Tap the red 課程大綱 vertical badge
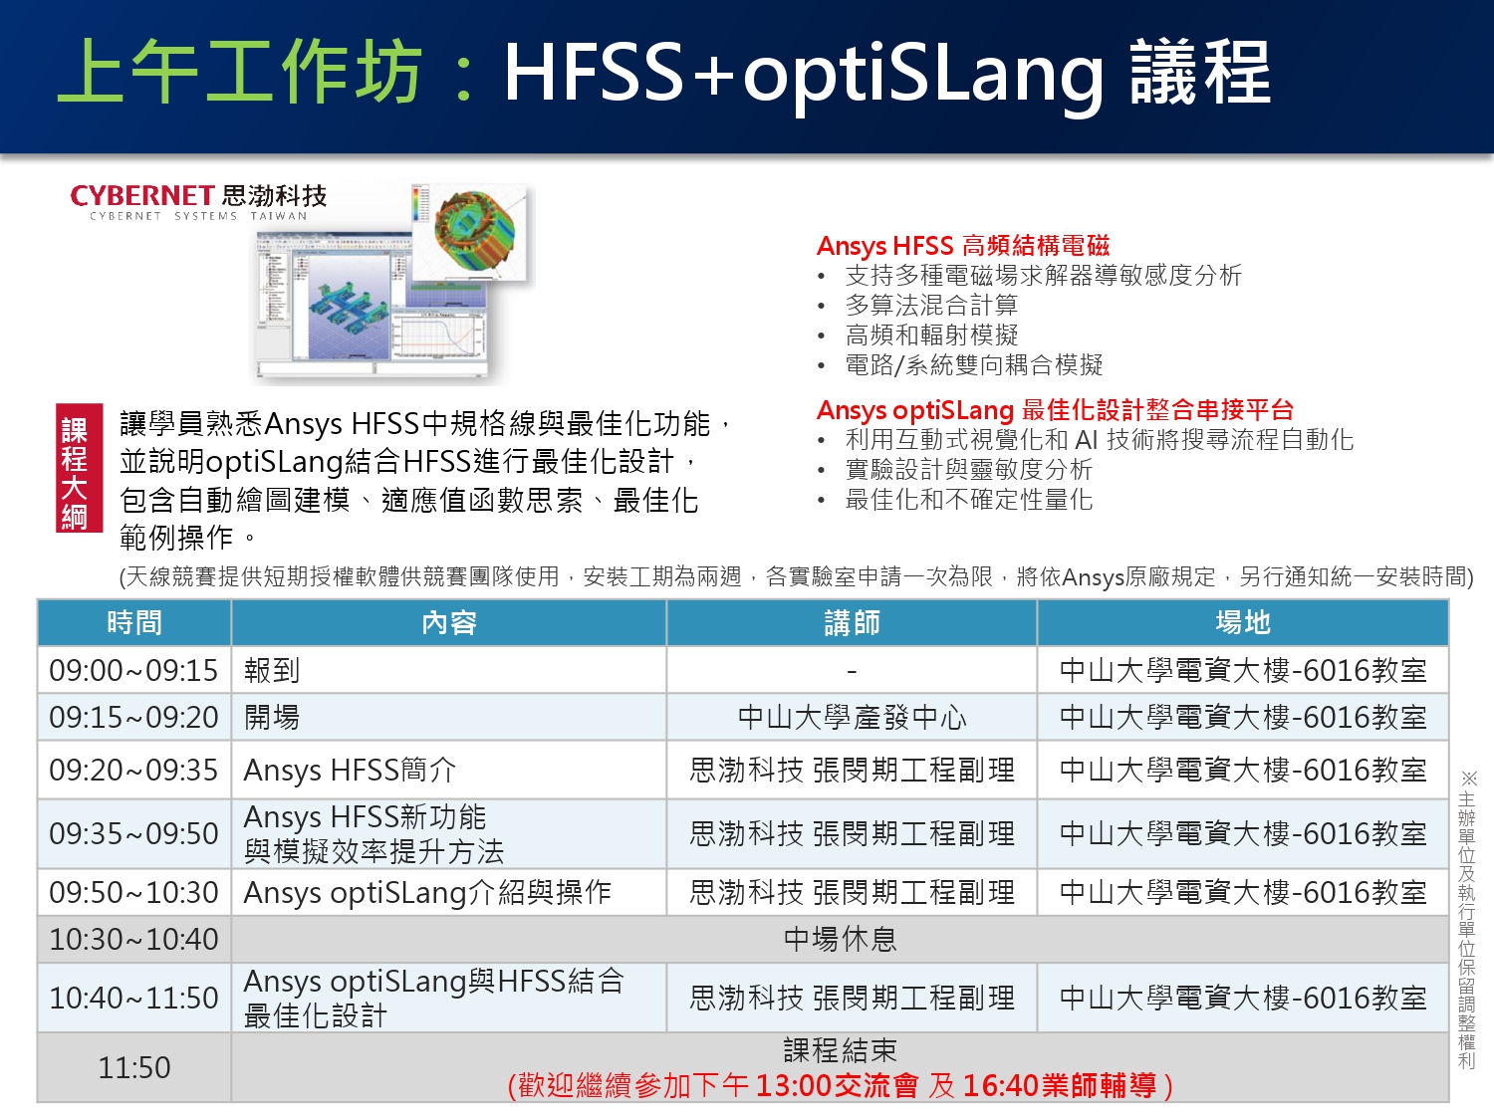[x=79, y=468]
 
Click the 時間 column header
[x=134, y=622]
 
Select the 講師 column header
[x=852, y=622]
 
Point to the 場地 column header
[x=1243, y=622]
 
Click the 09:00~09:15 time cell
[x=133, y=670]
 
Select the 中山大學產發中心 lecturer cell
[x=852, y=718]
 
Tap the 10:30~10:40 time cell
[x=133, y=939]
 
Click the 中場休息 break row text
[x=840, y=939]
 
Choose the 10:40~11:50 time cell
[x=133, y=999]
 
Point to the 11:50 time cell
[x=134, y=1067]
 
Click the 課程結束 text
[x=840, y=1050]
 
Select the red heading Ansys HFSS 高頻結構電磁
[x=963, y=246]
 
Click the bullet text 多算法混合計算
[x=931, y=306]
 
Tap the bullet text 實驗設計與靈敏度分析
[x=968, y=470]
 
